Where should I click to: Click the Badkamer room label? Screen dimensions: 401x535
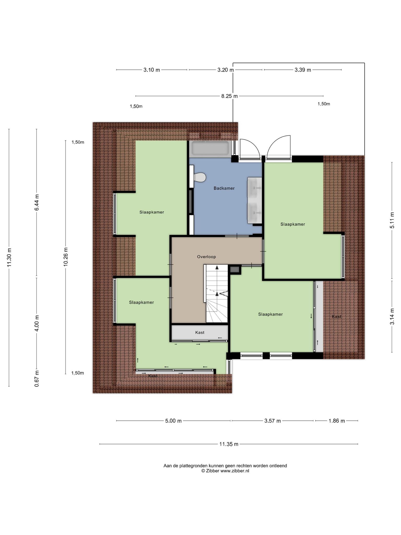(224, 188)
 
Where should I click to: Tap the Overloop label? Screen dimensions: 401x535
(207, 257)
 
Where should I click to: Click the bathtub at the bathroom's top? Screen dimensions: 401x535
(210, 148)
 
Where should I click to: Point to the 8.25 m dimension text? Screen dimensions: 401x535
(229, 96)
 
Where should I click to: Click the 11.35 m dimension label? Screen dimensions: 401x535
(229, 444)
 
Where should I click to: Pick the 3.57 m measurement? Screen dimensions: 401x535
(273, 421)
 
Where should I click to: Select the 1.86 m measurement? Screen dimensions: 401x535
(337, 421)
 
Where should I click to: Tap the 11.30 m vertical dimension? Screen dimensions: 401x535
(9, 257)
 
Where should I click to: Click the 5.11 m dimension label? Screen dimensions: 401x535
(392, 220)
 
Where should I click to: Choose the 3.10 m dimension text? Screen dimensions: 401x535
(152, 70)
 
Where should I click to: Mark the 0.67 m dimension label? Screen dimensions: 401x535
(37, 379)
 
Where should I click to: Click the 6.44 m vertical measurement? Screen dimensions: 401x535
(37, 202)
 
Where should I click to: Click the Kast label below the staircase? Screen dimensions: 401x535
(200, 333)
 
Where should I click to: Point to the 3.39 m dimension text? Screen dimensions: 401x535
(303, 70)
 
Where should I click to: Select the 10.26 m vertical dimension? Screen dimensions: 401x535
(66, 257)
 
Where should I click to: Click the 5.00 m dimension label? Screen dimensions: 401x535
(173, 421)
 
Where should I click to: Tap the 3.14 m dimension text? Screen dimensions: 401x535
(392, 316)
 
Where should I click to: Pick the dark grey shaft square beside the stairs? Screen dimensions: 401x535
(235, 270)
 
